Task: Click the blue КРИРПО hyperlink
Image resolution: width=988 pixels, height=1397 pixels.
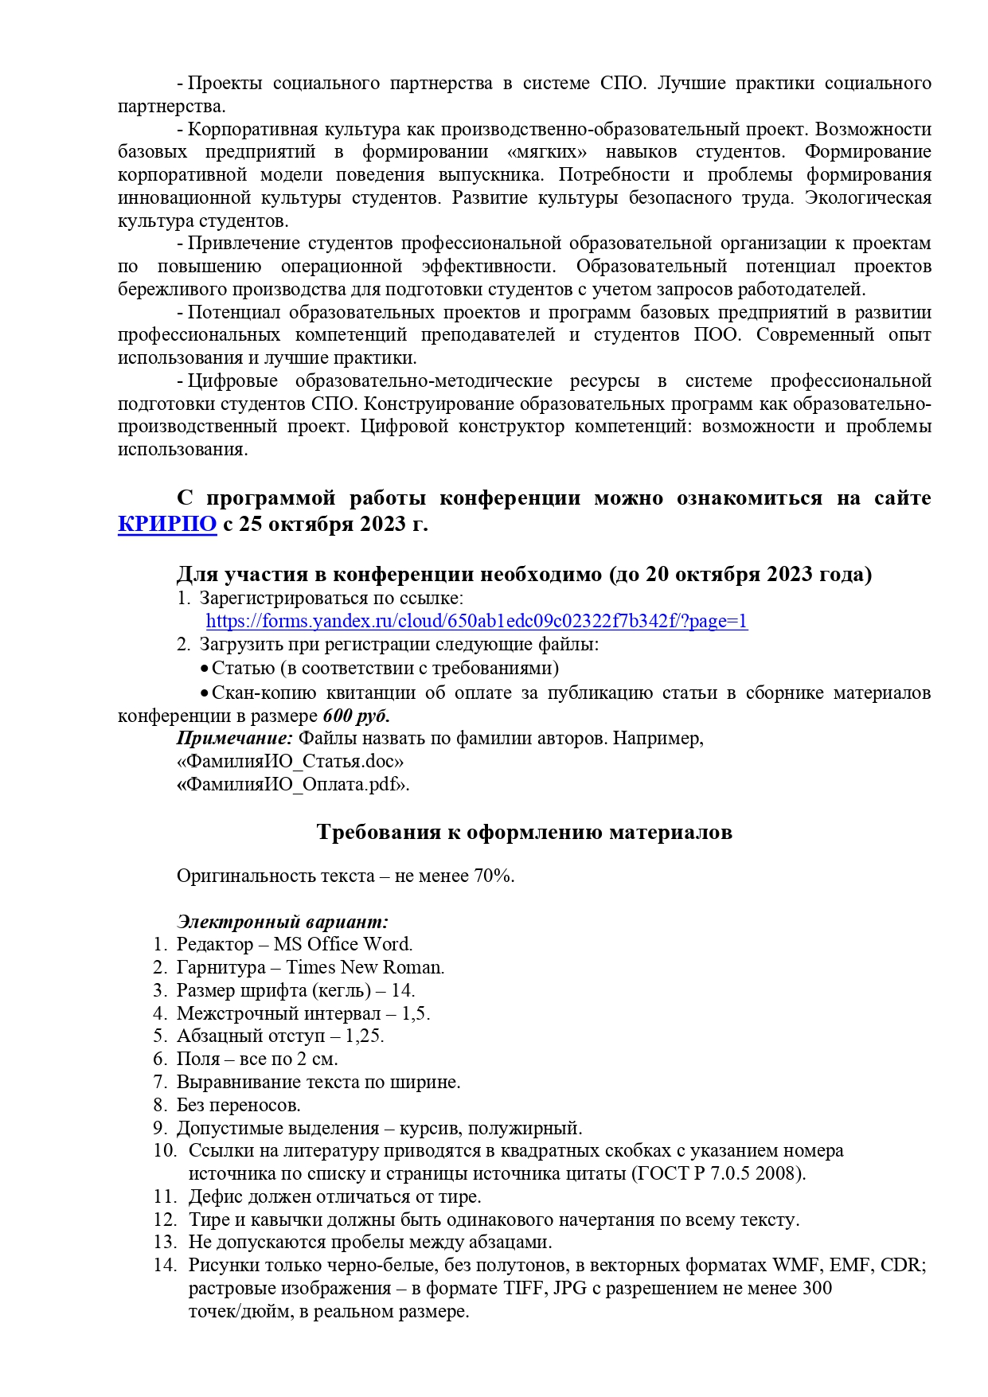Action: pyautogui.click(x=167, y=525)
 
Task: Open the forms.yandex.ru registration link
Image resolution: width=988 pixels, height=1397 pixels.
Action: pyautogui.click(x=476, y=622)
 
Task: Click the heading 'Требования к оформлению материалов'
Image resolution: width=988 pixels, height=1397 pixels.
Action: pyautogui.click(x=524, y=833)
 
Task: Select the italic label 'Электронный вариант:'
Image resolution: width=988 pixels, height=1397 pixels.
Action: pyautogui.click(x=283, y=922)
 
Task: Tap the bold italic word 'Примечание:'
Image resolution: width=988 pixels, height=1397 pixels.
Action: pyautogui.click(x=235, y=739)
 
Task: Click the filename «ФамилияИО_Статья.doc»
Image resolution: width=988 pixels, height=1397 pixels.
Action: pyautogui.click(x=290, y=762)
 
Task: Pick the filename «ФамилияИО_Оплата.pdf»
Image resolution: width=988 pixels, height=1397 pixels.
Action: pyautogui.click(x=293, y=785)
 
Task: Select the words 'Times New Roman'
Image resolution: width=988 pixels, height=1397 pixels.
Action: pyautogui.click(x=365, y=968)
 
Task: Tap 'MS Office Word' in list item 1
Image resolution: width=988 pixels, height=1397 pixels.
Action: pyautogui.click(x=342, y=945)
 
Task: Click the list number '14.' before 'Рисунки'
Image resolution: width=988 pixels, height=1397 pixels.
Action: pyautogui.click(x=165, y=1266)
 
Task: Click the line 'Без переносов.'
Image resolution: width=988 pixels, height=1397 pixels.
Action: pyautogui.click(x=239, y=1106)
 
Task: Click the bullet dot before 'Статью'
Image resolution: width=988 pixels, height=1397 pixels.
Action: pyautogui.click(x=205, y=669)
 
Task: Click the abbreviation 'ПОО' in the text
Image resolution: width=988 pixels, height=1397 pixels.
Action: pyautogui.click(x=717, y=335)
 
